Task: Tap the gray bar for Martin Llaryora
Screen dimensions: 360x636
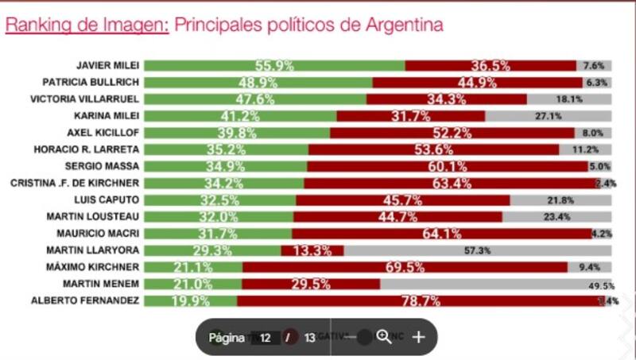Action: [477, 250]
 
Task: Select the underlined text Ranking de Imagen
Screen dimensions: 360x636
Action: [87, 25]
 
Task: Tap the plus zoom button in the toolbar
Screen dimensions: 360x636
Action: [419, 337]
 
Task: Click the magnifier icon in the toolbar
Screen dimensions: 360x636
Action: [384, 337]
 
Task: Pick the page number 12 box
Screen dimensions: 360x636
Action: [266, 338]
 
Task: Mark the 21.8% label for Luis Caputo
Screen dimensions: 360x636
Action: [560, 200]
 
